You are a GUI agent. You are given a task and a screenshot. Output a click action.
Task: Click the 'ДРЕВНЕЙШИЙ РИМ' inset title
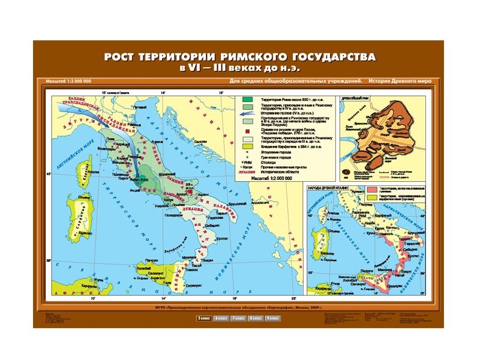pos(359,96)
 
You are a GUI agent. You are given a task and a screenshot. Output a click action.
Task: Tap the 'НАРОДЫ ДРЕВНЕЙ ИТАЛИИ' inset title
pos(331,188)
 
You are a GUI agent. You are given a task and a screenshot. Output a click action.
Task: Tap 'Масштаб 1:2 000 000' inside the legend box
pos(272,178)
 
